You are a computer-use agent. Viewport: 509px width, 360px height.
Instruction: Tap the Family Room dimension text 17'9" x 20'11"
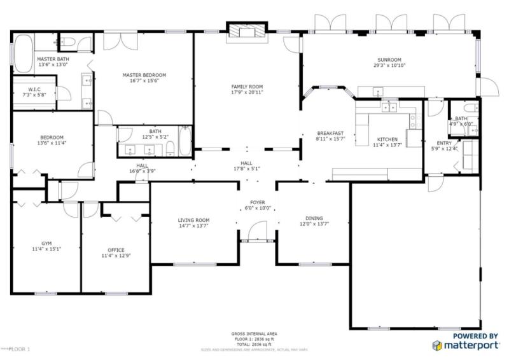pos(247,93)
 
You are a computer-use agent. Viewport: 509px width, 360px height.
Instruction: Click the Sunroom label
pos(389,59)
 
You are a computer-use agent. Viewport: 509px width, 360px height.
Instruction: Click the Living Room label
pos(193,220)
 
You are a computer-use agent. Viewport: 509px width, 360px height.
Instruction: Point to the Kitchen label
pos(387,139)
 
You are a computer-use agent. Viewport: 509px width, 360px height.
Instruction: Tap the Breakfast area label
pos(330,132)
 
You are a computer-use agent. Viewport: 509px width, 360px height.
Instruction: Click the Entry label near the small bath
pos(444,143)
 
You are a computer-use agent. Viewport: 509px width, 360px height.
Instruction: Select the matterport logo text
pos(471,345)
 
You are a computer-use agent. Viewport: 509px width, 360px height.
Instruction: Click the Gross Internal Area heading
pos(254,333)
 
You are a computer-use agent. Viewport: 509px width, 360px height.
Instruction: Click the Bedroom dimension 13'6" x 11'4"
pos(52,143)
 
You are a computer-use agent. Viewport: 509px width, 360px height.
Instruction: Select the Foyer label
pos(257,202)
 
